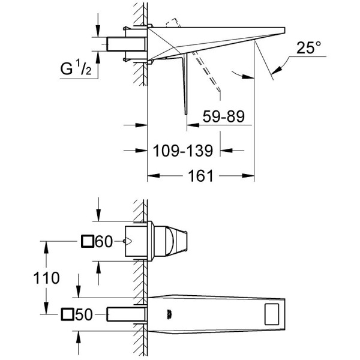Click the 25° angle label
(309, 47)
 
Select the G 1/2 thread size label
(76, 67)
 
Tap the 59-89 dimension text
(224, 116)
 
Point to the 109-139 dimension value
(183, 151)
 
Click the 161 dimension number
(200, 176)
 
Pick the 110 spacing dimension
(46, 278)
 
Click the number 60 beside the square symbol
(104, 242)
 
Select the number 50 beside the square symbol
(84, 314)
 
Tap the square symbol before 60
(88, 241)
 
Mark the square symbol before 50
(67, 314)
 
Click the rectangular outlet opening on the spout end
(272, 314)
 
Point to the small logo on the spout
(169, 314)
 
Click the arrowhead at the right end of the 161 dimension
(248, 176)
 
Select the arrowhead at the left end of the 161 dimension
(154, 176)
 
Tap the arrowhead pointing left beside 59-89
(193, 125)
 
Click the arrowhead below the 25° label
(276, 70)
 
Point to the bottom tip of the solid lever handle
(186, 114)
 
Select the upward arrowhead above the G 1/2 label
(98, 57)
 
